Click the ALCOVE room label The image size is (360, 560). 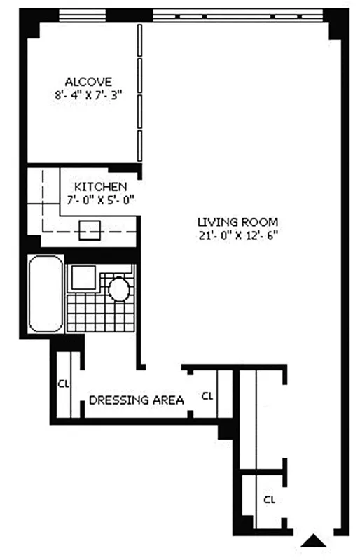[88, 82]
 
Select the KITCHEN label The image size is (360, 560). [101, 187]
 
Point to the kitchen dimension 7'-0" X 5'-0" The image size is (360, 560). [101, 199]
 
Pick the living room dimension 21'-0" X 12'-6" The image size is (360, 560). [233, 235]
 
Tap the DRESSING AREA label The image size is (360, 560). [137, 400]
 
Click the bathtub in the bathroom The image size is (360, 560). [44, 293]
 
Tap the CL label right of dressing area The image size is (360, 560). [207, 396]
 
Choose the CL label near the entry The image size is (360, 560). [269, 500]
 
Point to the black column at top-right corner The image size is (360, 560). [337, 24]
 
